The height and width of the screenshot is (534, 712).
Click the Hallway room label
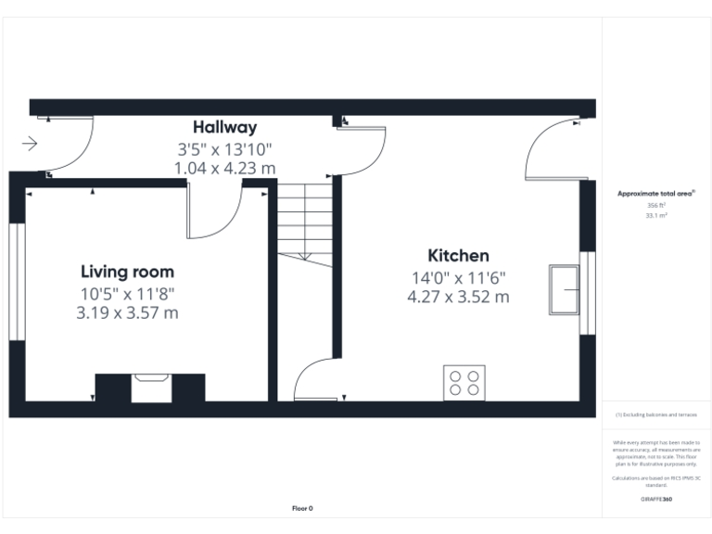pyautogui.click(x=224, y=127)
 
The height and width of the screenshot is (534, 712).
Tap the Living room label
pyautogui.click(x=127, y=272)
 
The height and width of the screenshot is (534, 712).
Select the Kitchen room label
pyautogui.click(x=458, y=256)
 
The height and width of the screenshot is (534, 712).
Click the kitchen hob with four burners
pyautogui.click(x=464, y=381)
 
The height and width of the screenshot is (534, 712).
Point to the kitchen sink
pyautogui.click(x=564, y=290)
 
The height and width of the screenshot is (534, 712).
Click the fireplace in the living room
pyautogui.click(x=149, y=388)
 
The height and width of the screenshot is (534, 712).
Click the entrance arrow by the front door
pyautogui.click(x=29, y=144)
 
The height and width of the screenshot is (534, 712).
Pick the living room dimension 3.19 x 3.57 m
pyautogui.click(x=127, y=313)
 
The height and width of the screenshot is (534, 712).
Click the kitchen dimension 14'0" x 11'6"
pyautogui.click(x=458, y=277)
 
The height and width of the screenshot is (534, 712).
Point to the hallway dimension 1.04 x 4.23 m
pyautogui.click(x=224, y=168)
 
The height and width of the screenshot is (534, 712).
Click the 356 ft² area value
pyautogui.click(x=656, y=205)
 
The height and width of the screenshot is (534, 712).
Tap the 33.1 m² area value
pyautogui.click(x=656, y=215)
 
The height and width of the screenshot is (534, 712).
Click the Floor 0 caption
pyautogui.click(x=302, y=508)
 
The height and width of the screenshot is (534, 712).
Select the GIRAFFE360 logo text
pyautogui.click(x=656, y=499)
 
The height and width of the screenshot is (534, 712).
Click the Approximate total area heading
pyautogui.click(x=655, y=194)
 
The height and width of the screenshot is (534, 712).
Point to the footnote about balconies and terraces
pyautogui.click(x=656, y=415)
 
